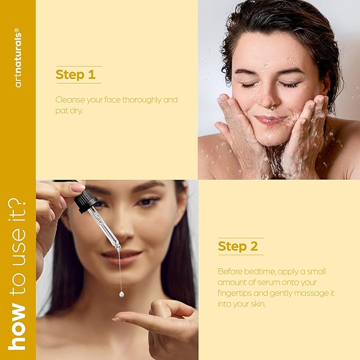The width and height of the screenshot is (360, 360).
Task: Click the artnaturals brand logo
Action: (18, 58)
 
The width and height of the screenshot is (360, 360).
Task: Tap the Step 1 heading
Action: (75, 75)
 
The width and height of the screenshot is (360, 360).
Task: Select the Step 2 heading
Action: (238, 246)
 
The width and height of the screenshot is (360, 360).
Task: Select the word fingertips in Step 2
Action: (234, 293)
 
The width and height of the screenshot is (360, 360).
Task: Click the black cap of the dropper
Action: (85, 201)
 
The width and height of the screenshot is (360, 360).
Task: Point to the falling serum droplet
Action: (121, 294)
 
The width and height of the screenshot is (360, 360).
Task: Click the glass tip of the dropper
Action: (118, 248)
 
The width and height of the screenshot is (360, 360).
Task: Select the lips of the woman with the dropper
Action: (122, 256)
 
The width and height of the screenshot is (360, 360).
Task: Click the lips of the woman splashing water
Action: (270, 120)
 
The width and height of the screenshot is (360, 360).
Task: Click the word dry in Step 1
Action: (75, 111)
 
